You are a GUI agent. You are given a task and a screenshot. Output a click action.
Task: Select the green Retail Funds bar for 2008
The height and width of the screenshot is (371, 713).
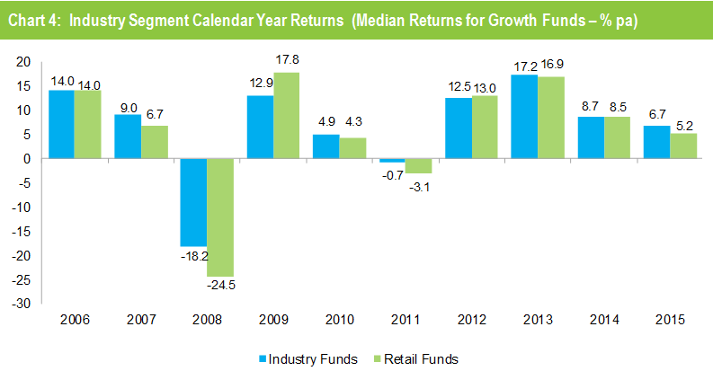click(x=219, y=216)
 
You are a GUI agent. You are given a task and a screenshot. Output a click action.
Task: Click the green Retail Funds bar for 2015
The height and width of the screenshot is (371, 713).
click(x=682, y=146)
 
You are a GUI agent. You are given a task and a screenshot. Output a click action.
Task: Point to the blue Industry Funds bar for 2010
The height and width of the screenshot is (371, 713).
click(x=325, y=146)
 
